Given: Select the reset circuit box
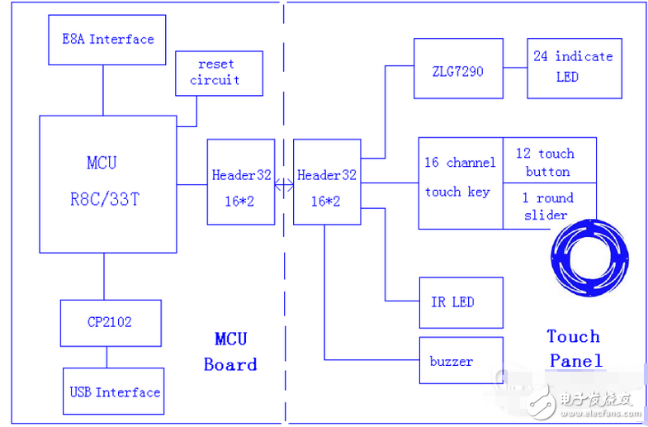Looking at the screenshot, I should [219, 72].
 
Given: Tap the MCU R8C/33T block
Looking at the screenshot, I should [108, 183].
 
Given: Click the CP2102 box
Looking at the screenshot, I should [111, 322].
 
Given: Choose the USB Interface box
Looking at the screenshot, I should [114, 391].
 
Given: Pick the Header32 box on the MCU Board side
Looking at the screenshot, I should [240, 182].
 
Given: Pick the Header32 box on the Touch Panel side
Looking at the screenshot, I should [326, 182].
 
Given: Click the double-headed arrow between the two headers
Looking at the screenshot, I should [284, 183].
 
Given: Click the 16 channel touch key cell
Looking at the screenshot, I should [460, 183].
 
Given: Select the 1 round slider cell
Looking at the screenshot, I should [545, 205].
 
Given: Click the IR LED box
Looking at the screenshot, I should [460, 302].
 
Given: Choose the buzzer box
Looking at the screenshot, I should [460, 361].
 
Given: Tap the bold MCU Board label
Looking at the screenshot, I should [230, 352].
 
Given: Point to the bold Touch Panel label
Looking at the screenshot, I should [574, 348].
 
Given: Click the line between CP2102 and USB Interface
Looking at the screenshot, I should [106, 358].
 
